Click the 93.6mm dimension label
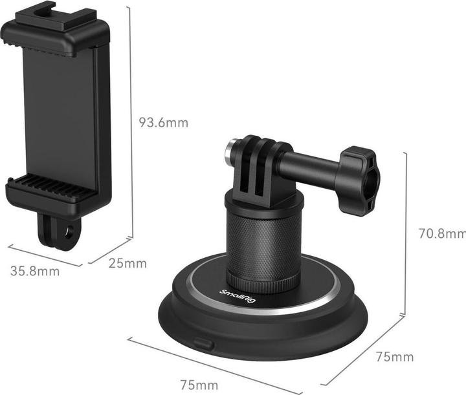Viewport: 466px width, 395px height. tap(164, 122)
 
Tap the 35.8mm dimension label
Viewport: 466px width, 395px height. tap(35, 271)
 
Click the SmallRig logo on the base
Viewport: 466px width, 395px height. tap(232, 297)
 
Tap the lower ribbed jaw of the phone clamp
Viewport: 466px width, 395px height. tap(54, 189)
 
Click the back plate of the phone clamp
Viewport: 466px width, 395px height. tap(58, 110)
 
